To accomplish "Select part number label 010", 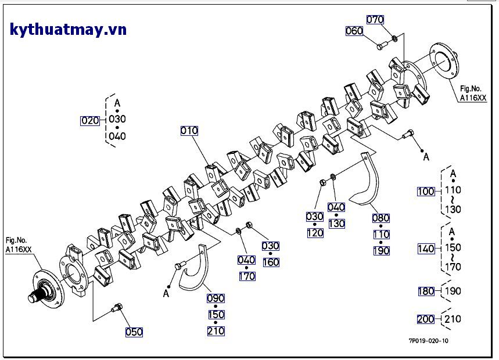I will tap(189, 131).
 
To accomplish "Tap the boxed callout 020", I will tap(90, 121).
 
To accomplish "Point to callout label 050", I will tap(134, 332).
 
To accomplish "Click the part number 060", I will tap(354, 31).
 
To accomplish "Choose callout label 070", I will tap(375, 19).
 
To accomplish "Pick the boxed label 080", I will tap(381, 218).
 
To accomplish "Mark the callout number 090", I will tap(216, 298).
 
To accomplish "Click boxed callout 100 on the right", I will tap(426, 191).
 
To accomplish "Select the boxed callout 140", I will tap(426, 249).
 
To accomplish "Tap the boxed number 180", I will tap(426, 291).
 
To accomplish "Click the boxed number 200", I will tap(426, 319).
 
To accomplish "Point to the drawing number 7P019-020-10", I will tap(428, 341).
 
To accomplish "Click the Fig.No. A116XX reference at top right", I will tap(473, 93).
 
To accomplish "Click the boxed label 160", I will tap(271, 262).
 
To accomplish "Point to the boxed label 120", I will tap(315, 233).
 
